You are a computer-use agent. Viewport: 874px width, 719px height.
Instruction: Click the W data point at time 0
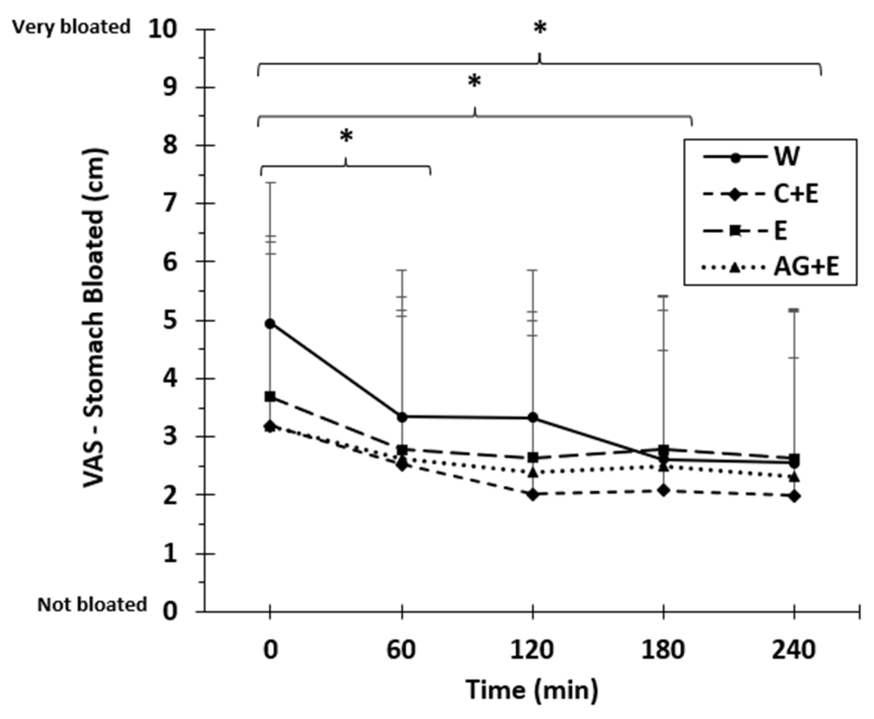[270, 324]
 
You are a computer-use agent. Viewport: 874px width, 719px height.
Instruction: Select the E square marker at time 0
[270, 396]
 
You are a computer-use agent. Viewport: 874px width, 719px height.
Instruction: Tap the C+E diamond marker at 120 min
[533, 494]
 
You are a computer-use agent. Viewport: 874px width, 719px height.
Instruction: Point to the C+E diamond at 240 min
[794, 496]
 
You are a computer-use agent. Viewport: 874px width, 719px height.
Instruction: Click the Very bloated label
[71, 27]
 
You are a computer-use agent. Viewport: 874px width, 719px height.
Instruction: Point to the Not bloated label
[92, 604]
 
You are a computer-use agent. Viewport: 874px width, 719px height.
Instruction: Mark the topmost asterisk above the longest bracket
[540, 28]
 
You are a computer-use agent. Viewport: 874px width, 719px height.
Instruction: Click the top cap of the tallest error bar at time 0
[270, 182]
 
